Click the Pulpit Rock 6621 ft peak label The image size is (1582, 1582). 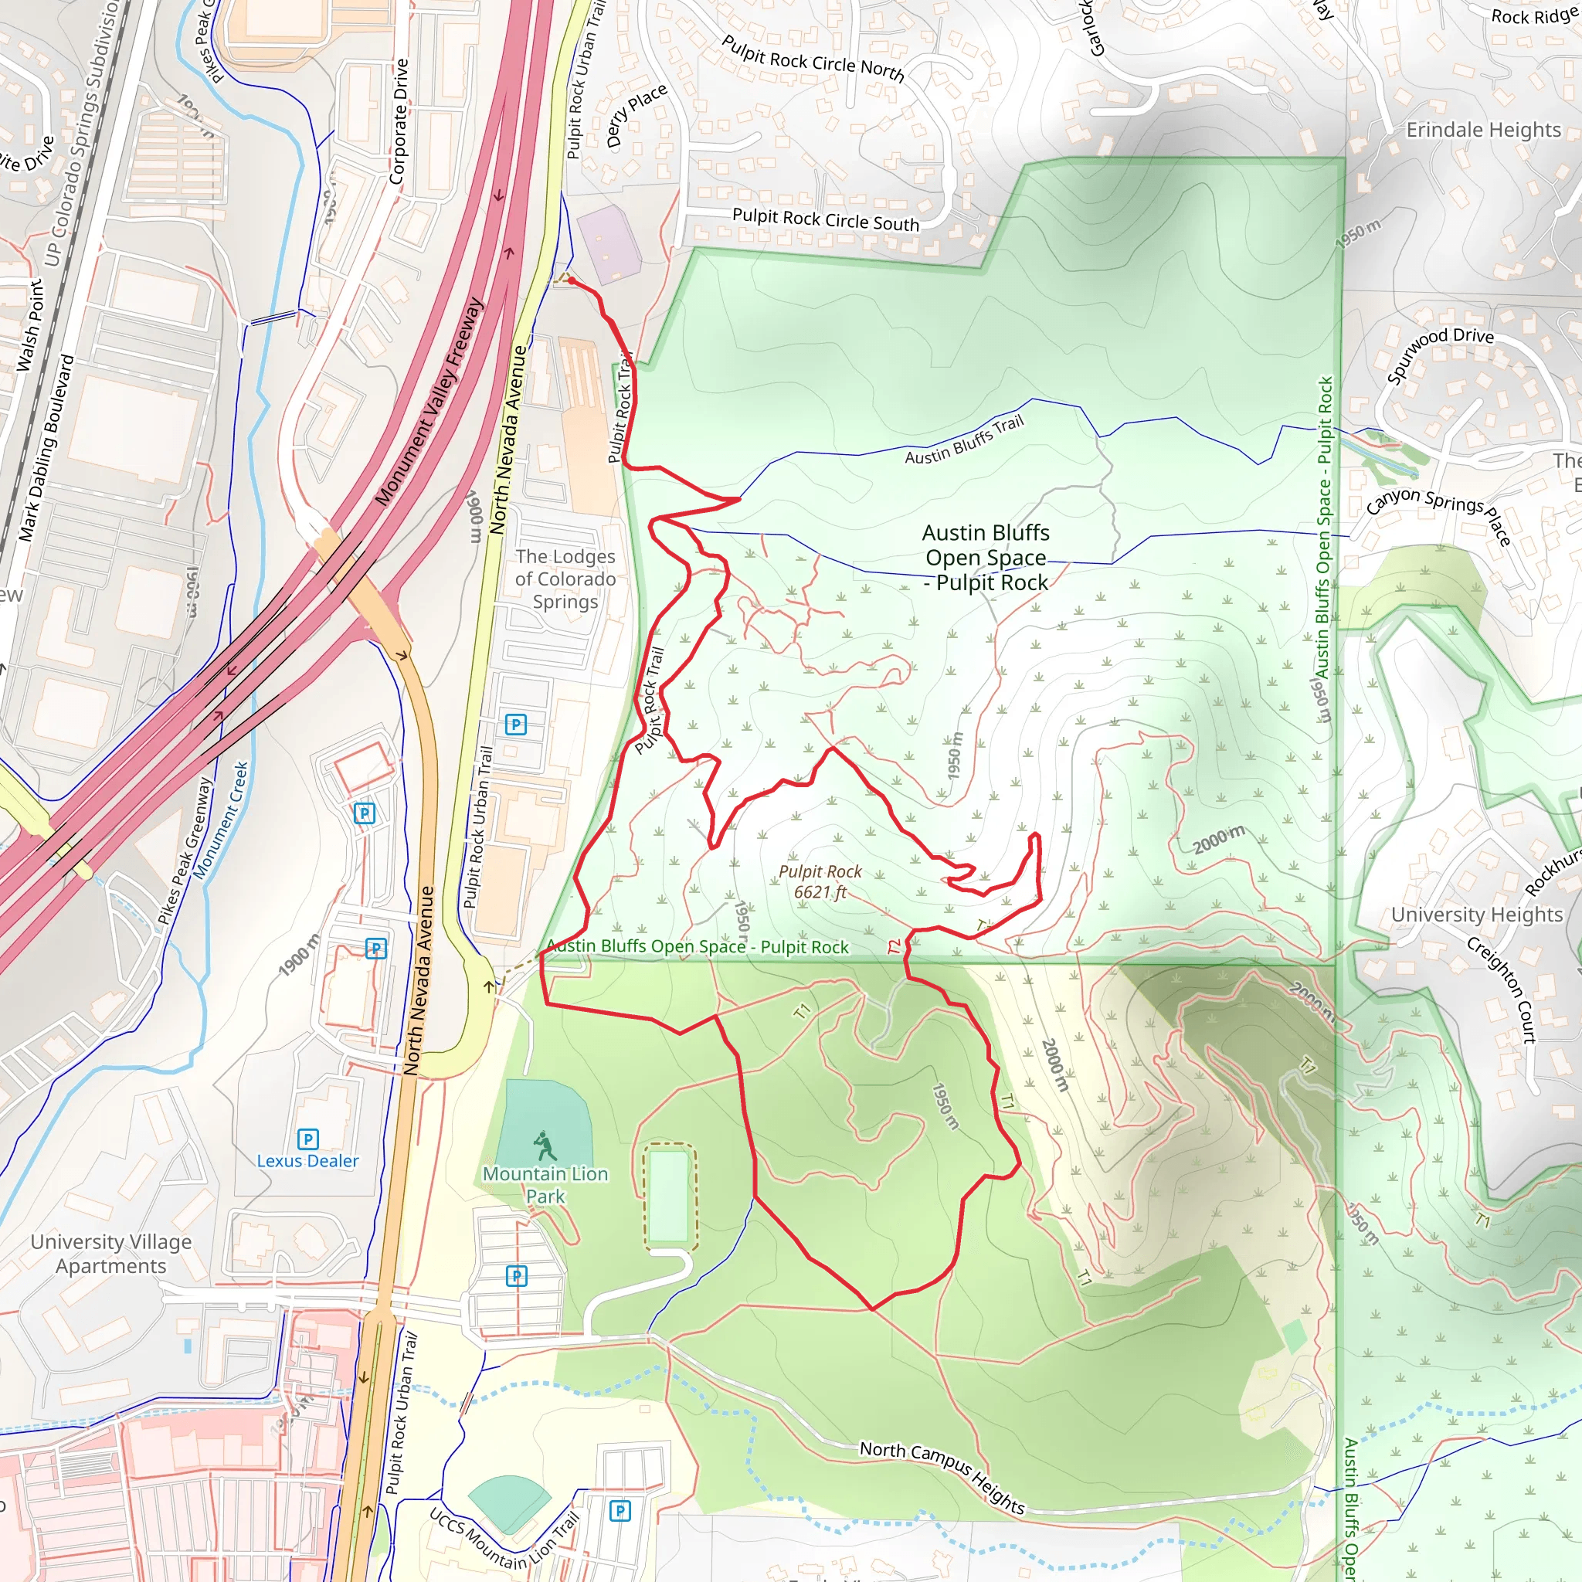(x=820, y=882)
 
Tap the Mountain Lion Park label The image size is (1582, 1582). (x=545, y=1185)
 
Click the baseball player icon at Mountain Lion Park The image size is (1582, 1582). (x=544, y=1145)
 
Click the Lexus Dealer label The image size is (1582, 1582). (x=308, y=1161)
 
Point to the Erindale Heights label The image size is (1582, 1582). (x=1484, y=131)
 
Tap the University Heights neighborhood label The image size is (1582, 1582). (x=1477, y=915)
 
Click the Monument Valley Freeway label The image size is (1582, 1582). (x=430, y=401)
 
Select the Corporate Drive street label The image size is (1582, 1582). (x=399, y=121)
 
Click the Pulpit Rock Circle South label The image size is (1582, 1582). (x=826, y=219)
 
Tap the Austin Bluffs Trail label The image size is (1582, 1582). (x=965, y=440)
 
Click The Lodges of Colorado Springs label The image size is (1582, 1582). (x=565, y=579)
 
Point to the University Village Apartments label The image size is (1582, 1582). (x=111, y=1254)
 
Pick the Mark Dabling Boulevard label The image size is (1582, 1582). (x=46, y=448)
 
